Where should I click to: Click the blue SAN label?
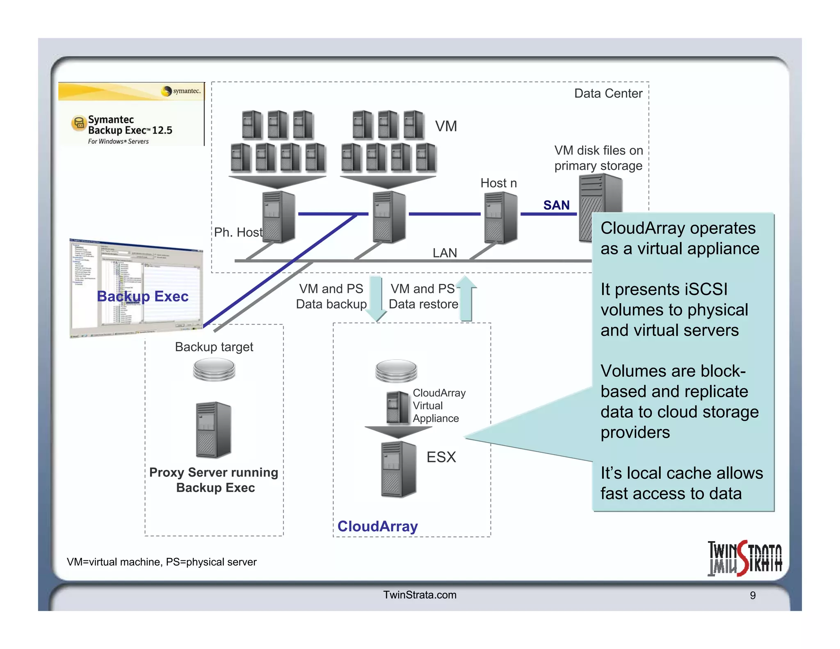[556, 205]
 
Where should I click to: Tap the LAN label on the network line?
[445, 253]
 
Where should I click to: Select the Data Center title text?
[608, 94]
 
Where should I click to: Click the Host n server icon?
[500, 218]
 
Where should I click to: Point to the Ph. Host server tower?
[278, 217]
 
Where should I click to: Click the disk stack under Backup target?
[214, 369]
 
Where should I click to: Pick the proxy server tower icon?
[213, 430]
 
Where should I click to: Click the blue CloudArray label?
[377, 526]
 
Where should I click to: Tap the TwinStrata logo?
[744, 558]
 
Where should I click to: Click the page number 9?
[753, 595]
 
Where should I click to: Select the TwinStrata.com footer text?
[420, 595]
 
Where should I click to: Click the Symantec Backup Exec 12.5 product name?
[130, 125]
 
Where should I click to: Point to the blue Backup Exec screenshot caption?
[142, 296]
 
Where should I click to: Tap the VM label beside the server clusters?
[446, 126]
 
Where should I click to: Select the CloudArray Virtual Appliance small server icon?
[397, 407]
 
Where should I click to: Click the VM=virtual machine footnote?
[162, 562]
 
